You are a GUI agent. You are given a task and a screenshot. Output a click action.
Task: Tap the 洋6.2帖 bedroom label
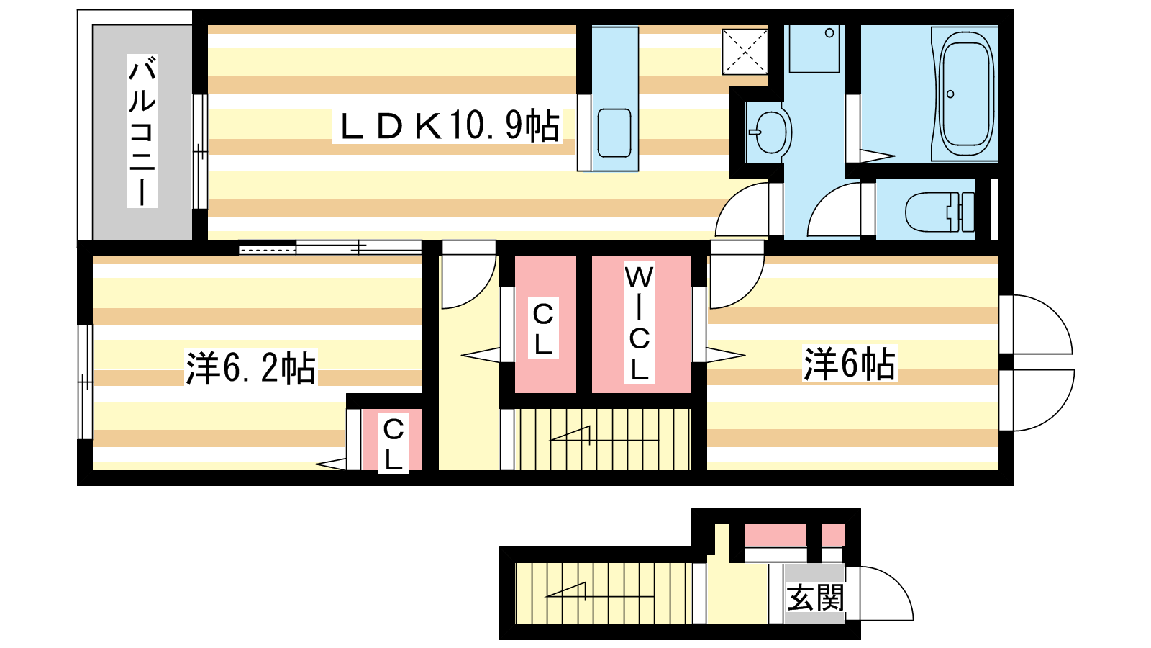[250, 368]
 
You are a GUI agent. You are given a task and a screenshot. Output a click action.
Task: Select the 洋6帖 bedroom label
[850, 364]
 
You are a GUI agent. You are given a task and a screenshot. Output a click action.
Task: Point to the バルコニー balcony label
[142, 131]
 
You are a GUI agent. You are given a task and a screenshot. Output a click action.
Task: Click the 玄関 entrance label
[816, 597]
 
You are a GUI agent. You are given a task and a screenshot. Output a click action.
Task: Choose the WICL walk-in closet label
[640, 323]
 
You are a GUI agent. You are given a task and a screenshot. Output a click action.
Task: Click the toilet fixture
[940, 212]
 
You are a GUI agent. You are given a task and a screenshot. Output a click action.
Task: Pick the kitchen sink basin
[614, 132]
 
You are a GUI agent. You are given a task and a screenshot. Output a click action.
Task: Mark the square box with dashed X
[745, 51]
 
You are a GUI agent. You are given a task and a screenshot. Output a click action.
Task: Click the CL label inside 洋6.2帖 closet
[393, 444]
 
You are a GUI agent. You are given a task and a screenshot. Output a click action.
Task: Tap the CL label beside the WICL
[543, 329]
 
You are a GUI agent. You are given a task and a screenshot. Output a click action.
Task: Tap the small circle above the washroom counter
[829, 33]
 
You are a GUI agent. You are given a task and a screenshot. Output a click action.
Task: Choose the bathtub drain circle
[950, 94]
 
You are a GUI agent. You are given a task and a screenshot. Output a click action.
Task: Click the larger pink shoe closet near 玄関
[775, 536]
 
